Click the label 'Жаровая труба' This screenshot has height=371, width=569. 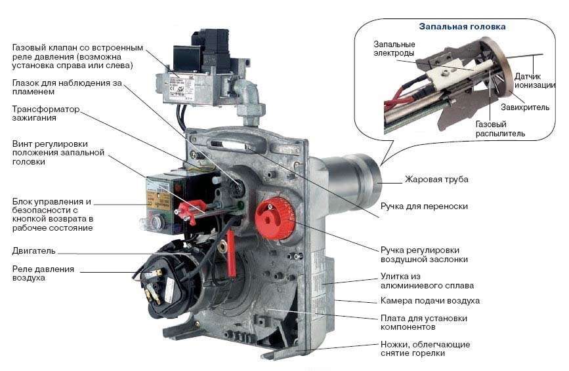coord(436,179)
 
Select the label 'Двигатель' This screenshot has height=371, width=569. coord(34,250)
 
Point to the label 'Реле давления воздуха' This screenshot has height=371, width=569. coord(43,273)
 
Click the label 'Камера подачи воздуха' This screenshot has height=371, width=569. coord(430,301)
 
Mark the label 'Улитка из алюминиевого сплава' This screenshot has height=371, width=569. coord(427,281)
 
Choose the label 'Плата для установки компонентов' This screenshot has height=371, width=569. coord(424,322)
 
